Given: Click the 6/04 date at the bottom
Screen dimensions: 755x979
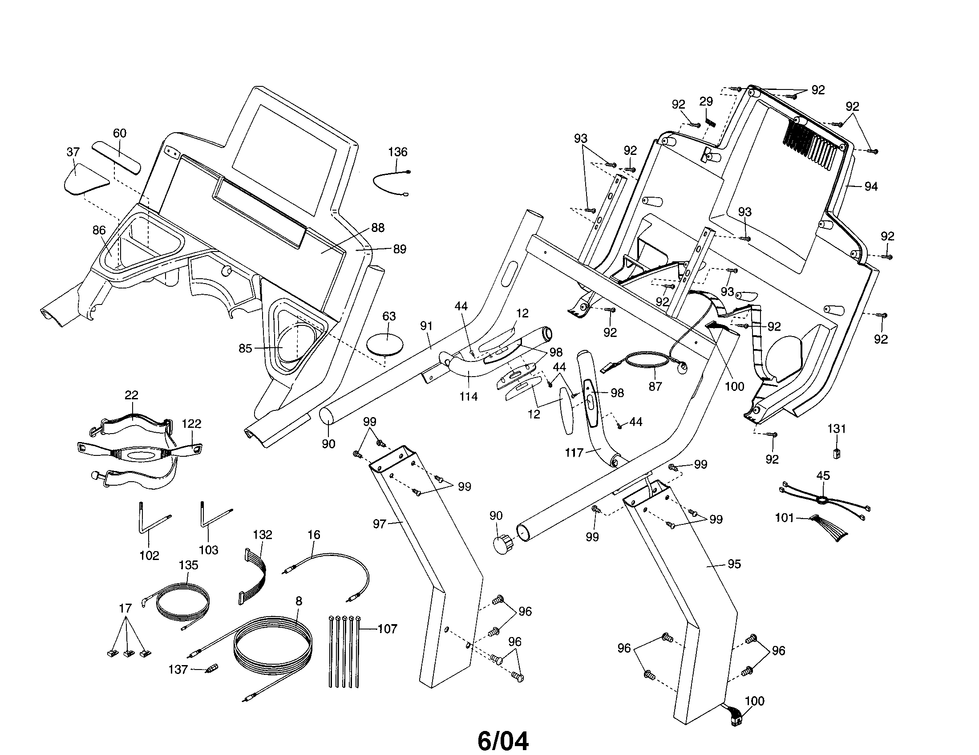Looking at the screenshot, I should (503, 729).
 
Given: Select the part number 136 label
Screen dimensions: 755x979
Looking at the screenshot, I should (397, 152).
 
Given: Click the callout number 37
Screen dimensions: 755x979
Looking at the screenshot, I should (73, 152).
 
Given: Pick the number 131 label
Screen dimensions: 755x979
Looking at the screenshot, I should (837, 429).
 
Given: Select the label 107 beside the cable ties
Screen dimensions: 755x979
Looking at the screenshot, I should (387, 629).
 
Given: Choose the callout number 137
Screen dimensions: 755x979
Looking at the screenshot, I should (178, 670).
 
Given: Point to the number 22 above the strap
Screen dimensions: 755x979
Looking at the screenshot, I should (131, 395).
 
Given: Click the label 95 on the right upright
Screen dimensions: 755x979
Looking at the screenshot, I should (734, 564).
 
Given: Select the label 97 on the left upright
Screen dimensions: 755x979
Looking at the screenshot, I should (379, 523).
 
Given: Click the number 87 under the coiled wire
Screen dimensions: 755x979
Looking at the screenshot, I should (655, 386).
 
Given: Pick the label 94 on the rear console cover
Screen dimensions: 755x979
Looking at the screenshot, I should (870, 187).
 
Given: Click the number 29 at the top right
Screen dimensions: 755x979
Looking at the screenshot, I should (706, 102).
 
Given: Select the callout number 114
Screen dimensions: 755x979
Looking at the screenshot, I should (469, 396).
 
